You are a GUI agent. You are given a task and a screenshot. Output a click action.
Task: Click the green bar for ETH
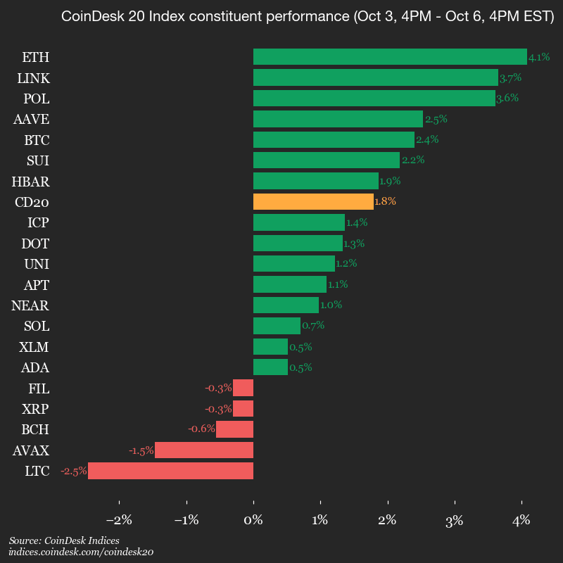point(390,57)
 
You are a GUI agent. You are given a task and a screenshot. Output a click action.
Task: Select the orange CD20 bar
point(313,202)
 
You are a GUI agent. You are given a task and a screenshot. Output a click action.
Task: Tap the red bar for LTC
point(170,471)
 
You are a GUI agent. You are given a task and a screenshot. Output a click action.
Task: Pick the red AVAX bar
point(204,450)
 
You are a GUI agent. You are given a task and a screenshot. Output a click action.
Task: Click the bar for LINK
point(375,77)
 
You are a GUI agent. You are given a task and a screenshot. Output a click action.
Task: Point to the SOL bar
point(277,326)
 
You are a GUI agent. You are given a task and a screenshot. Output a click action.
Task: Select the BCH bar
point(234,429)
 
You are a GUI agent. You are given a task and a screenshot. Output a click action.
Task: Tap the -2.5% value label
point(74,471)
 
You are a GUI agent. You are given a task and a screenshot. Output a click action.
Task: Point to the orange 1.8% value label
point(385,202)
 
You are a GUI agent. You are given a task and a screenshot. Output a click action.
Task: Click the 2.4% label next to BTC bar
point(426,139)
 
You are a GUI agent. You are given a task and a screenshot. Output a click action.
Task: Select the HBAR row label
point(30,182)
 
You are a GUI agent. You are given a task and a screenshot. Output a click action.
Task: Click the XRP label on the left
point(35,409)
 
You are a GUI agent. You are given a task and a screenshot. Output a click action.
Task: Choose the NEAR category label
point(30,305)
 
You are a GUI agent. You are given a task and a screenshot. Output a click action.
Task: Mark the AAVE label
point(31,119)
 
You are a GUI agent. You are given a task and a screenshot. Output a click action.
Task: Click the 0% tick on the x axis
point(253,521)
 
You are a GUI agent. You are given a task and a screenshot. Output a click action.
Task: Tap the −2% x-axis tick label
point(119,521)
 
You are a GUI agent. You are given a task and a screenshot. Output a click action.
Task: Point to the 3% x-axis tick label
point(454,521)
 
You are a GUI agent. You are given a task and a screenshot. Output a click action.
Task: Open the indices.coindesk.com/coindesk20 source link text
point(81,552)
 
